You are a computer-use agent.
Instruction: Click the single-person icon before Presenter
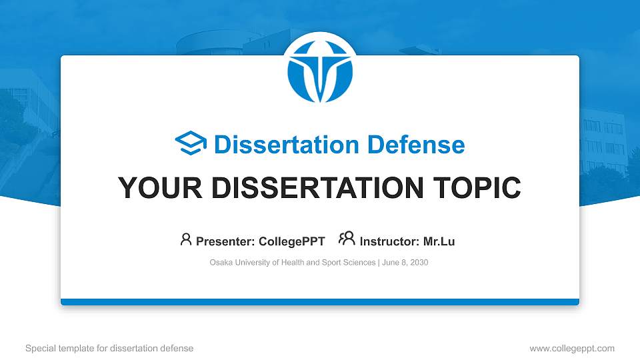pyautogui.click(x=186, y=239)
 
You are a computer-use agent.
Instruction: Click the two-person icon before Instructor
pyautogui.click(x=347, y=239)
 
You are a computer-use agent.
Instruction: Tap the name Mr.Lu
pyautogui.click(x=439, y=241)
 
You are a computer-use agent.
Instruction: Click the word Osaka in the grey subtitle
pyautogui.click(x=221, y=263)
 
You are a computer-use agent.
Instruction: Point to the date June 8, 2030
pyautogui.click(x=405, y=263)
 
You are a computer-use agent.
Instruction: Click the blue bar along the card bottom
pyautogui.click(x=319, y=302)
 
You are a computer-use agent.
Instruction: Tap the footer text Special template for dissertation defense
pyautogui.click(x=109, y=348)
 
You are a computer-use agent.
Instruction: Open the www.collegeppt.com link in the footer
pyautogui.click(x=571, y=348)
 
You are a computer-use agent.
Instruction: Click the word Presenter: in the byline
pyautogui.click(x=226, y=241)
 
